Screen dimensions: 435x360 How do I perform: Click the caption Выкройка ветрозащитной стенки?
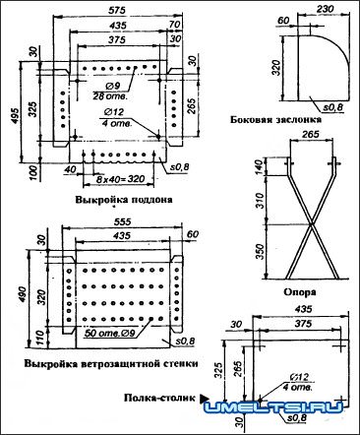[108, 364]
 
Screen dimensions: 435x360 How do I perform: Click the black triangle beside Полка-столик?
[206, 398]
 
